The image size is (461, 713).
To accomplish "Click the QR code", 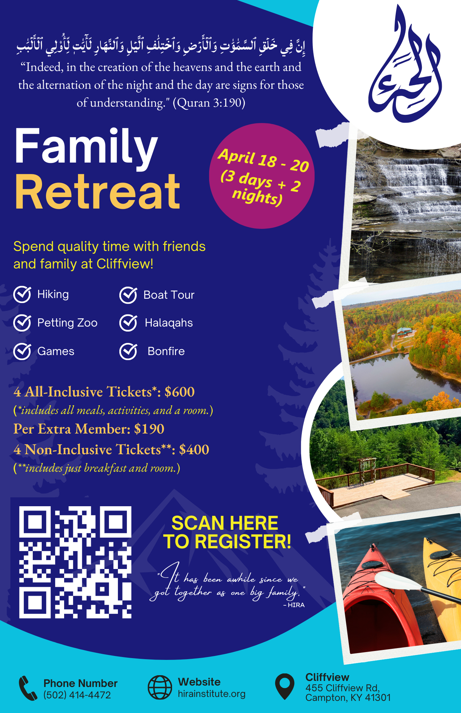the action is coord(75,562).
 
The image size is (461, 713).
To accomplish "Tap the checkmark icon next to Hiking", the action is coord(22,294).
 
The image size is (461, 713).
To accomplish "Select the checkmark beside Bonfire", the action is coord(128,352).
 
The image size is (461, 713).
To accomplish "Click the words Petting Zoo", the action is coord(67,323).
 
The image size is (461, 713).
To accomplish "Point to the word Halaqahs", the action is coord(169,323).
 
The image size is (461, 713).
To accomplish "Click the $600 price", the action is coord(180,392).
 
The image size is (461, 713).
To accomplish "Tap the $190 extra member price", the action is coord(149,429).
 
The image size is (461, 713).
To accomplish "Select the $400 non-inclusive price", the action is coord(194,450).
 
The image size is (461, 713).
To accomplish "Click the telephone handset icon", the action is coord(28,688).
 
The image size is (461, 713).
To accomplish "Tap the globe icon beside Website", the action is coord(160,687).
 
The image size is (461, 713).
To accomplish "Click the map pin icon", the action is coord(285,686).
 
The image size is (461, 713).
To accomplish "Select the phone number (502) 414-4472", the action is coord(77,695).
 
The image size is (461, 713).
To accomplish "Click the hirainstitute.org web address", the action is coord(212,694).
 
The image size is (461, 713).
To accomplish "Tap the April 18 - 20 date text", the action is coord(264,160).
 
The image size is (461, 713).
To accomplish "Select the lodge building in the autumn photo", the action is coord(405,333).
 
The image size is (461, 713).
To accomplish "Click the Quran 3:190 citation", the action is coord(209,103).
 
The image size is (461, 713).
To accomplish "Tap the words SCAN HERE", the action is coord(225,523).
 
